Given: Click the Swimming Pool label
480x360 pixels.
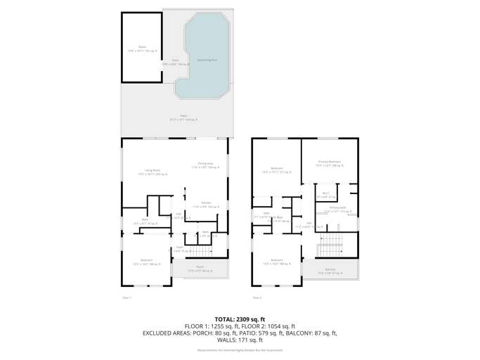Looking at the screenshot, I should coord(206,60).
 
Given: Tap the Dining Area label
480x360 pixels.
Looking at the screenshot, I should coord(206,165).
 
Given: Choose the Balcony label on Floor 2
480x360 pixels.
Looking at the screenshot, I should coord(330,271).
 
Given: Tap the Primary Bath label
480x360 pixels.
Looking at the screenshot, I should coord(337,209).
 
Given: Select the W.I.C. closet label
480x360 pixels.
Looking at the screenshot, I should coord(325,195).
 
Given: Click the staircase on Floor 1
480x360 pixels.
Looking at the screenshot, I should coord(202,252).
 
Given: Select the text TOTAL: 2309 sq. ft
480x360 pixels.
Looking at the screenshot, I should coord(240,319).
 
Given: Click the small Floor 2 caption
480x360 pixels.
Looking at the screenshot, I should coord(257,297).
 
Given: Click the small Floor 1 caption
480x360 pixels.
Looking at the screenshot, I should coord(127,297).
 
